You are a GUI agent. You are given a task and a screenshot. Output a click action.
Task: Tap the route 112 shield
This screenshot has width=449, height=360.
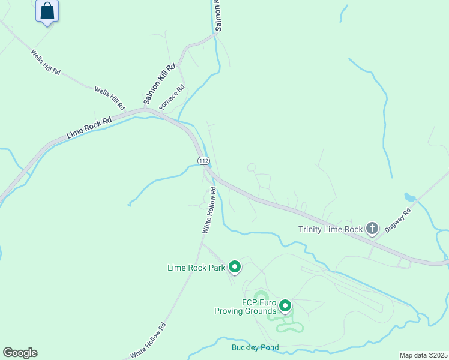[204, 161]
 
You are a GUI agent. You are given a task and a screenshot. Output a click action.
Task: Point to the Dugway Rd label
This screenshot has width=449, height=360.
[399, 221]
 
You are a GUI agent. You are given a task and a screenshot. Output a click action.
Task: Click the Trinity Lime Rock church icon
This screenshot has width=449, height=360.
[372, 228]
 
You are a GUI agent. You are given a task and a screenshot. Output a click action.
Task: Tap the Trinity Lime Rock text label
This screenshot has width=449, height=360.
[331, 229]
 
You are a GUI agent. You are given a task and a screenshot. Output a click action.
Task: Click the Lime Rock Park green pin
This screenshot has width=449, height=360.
[235, 267]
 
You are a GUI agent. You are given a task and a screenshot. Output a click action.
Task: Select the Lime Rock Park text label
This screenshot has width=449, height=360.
[196, 268]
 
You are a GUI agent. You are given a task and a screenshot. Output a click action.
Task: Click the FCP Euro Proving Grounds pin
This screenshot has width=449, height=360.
[285, 306]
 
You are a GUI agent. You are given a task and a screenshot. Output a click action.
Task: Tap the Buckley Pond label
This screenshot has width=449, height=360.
[256, 347]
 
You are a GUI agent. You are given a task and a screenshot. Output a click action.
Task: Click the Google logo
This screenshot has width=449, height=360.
[20, 353]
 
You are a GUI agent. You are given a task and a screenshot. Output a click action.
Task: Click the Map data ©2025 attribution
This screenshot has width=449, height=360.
[423, 355]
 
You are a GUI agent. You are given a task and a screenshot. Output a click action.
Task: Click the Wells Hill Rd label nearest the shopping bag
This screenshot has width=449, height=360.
[46, 62]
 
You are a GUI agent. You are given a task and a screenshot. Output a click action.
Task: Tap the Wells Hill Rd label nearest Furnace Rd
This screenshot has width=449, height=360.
[109, 98]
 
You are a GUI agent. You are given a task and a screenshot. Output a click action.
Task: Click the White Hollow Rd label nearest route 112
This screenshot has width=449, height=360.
[209, 209]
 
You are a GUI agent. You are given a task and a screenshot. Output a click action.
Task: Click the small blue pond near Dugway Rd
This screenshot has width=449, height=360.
[410, 197]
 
